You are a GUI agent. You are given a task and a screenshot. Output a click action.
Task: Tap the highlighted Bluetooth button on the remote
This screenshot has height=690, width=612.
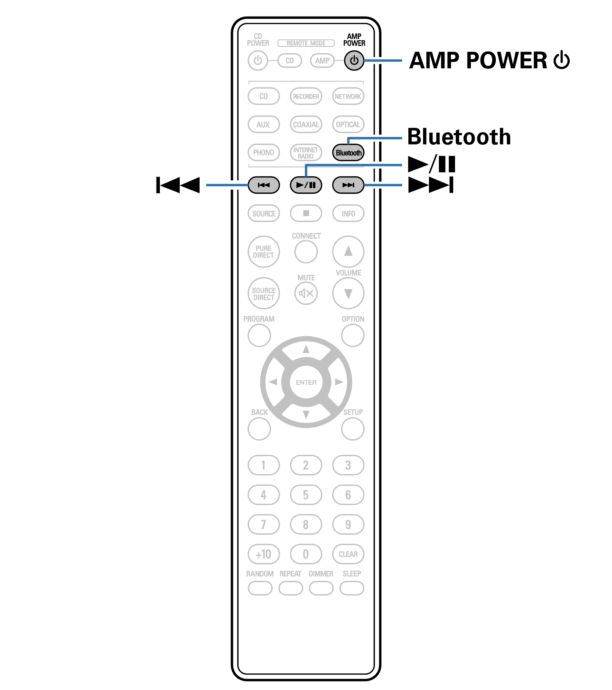pyautogui.click(x=348, y=152)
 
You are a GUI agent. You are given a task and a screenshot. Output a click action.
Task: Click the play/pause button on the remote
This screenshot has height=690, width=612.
pyautogui.click(x=306, y=185)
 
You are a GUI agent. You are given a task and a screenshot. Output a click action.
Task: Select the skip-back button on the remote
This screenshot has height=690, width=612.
pyautogui.click(x=264, y=185)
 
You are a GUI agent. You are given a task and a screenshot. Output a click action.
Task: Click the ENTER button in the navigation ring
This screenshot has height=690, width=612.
pyautogui.click(x=306, y=382)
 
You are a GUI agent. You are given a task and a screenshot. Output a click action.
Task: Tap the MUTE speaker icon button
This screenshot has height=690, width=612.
pyautogui.click(x=306, y=293)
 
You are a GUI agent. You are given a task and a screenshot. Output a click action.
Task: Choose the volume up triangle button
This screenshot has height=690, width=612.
pyautogui.click(x=348, y=251)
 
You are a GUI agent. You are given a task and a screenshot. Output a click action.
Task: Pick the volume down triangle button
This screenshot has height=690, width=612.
pyautogui.click(x=348, y=293)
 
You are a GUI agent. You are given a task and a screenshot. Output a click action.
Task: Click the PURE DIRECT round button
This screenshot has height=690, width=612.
pyautogui.click(x=264, y=252)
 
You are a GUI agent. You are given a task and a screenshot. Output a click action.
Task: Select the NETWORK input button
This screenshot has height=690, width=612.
pyautogui.click(x=348, y=96)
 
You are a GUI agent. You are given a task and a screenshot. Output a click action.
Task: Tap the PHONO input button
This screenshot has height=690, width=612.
pyautogui.click(x=264, y=152)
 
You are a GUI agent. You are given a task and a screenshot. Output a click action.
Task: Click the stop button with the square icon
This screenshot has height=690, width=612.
pyautogui.click(x=306, y=213)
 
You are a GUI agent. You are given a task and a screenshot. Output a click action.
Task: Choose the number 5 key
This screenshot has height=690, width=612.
pyautogui.click(x=306, y=495)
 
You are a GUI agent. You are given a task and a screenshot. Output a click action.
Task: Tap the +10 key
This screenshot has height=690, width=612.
pyautogui.click(x=264, y=554)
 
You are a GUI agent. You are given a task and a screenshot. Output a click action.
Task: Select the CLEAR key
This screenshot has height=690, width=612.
pyautogui.click(x=348, y=554)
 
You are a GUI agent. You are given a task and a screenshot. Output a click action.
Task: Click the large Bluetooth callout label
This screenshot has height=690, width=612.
pyautogui.click(x=459, y=137)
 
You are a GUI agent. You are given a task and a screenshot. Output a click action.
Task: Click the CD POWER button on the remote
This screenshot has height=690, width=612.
pyautogui.click(x=258, y=60)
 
